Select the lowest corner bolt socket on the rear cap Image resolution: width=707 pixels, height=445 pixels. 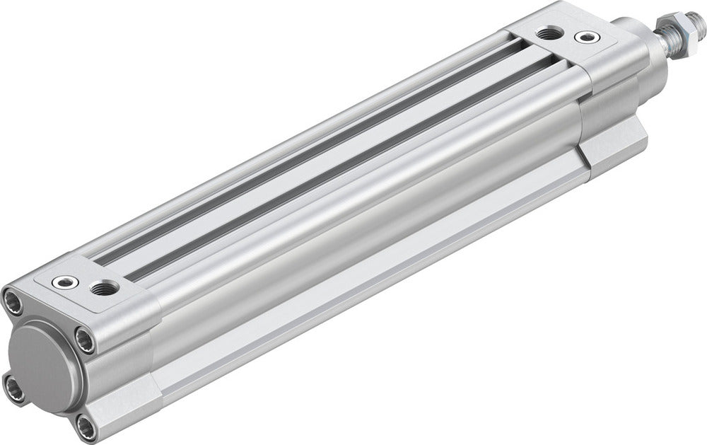[x=86, y=427]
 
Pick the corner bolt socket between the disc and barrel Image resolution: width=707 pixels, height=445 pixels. [x=85, y=342]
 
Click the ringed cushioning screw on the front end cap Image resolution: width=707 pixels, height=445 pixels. [x=585, y=37]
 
